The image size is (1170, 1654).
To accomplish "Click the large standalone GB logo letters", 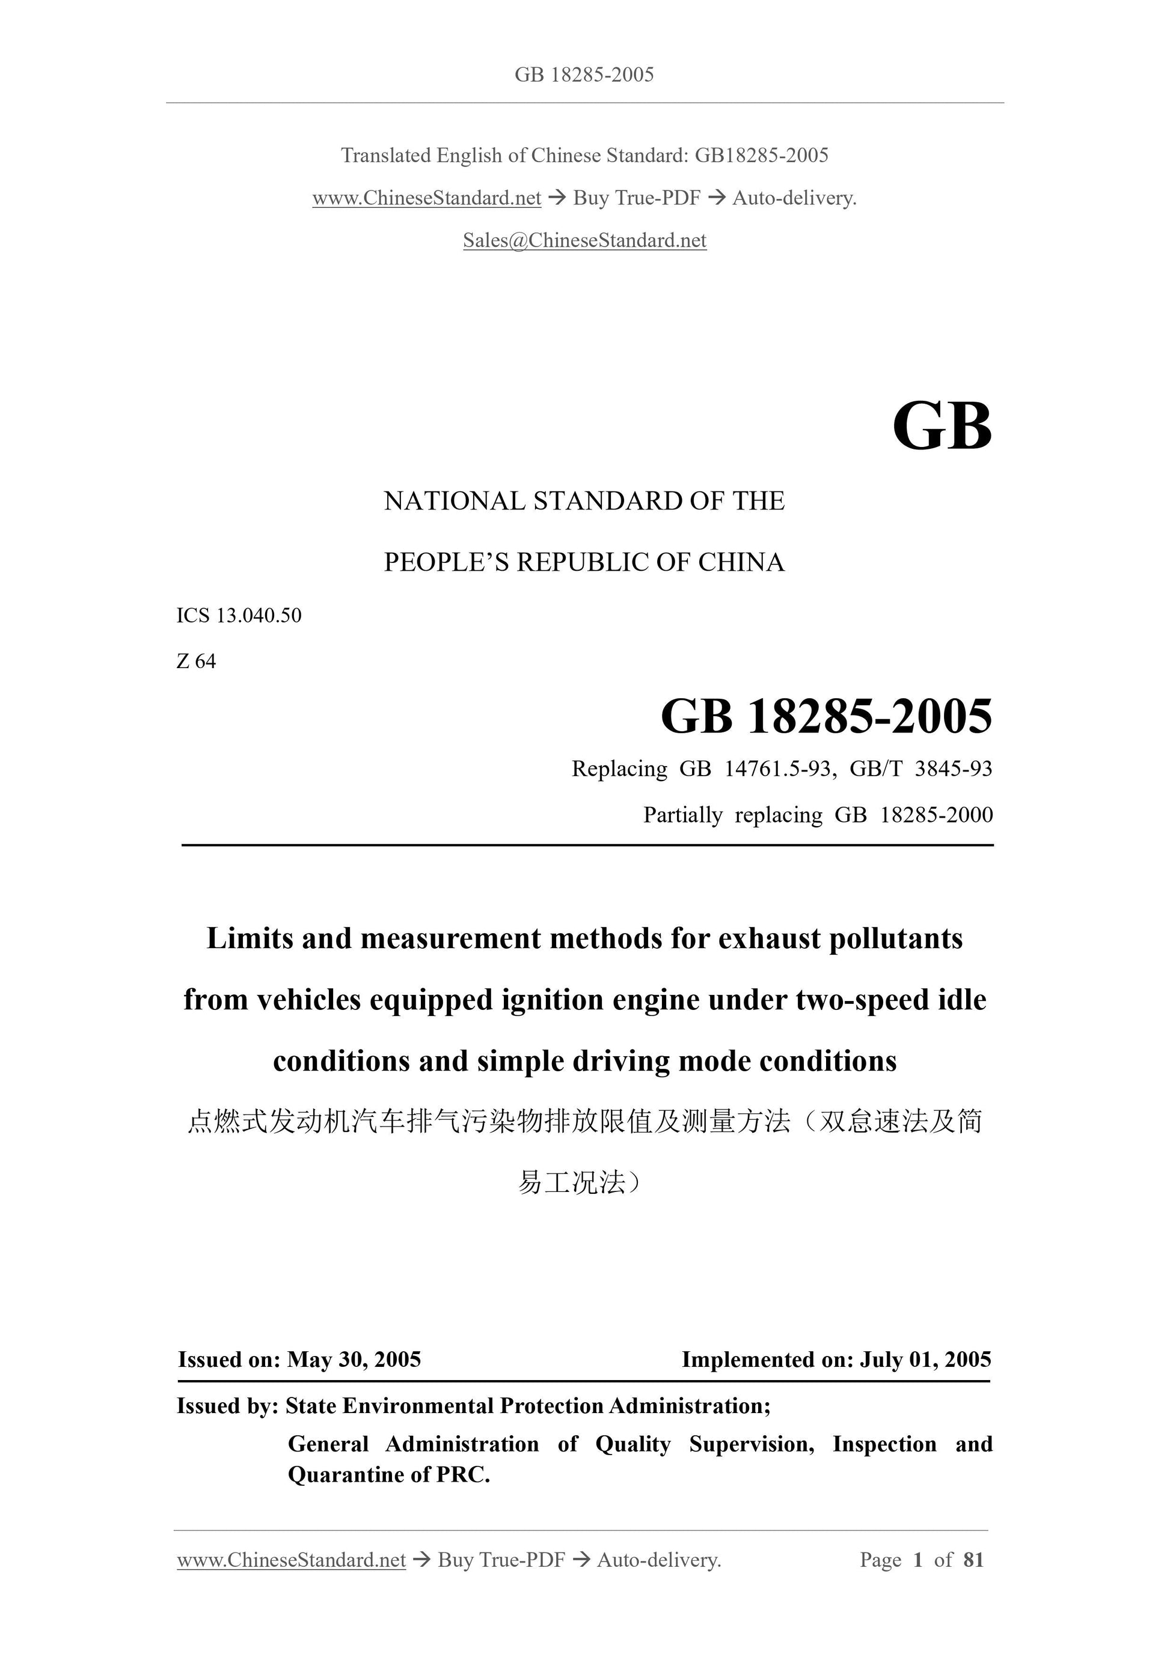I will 942,427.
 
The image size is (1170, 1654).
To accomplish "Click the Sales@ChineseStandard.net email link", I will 584,240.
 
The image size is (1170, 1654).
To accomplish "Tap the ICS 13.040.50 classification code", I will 239,616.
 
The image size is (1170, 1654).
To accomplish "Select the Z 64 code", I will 196,661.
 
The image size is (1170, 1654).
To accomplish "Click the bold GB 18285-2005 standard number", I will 826,717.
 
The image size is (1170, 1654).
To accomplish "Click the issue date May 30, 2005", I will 354,1360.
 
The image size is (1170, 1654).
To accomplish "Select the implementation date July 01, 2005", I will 925,1360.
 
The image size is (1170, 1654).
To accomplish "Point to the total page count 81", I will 973,1560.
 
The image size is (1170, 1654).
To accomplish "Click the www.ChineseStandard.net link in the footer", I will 291,1560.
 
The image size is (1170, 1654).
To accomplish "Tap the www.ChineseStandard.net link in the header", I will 427,198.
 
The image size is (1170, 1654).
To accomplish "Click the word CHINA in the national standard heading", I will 741,562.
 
